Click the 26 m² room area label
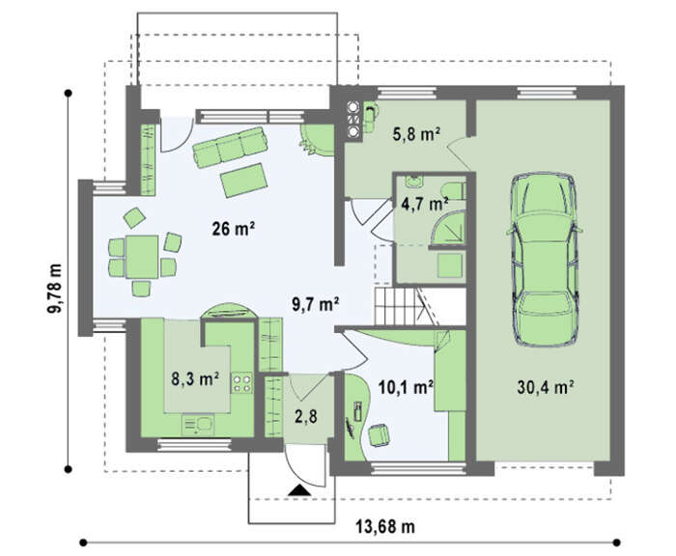[x=234, y=229]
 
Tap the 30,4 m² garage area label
[x=545, y=387]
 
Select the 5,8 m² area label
[x=416, y=134]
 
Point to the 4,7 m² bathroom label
[x=425, y=203]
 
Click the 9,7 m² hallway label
[x=315, y=304]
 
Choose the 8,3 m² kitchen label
[x=195, y=378]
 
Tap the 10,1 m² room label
[x=406, y=387]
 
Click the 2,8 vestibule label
[x=306, y=417]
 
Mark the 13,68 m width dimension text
[x=385, y=526]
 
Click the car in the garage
[x=545, y=259]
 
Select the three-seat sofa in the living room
[x=230, y=147]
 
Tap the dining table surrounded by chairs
[x=142, y=257]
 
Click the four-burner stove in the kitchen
[x=241, y=383]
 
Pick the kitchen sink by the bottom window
[x=198, y=425]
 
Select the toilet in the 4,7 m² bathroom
[x=453, y=190]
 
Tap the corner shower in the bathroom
[x=449, y=230]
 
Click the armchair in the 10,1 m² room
[x=379, y=434]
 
